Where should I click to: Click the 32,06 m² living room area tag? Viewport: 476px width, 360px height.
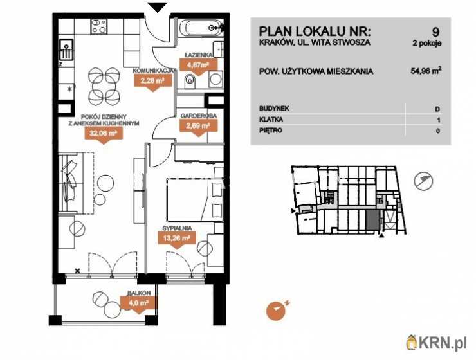104,134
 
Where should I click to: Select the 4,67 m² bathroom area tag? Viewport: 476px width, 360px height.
199,65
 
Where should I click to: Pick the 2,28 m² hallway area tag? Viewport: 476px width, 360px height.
152,81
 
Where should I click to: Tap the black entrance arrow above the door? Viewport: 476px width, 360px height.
158,8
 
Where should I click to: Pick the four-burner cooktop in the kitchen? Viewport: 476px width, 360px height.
99,26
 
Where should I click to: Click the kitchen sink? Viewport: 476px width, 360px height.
66,50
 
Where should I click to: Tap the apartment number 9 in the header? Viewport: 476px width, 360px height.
435,32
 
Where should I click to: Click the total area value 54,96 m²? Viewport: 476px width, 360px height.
426,71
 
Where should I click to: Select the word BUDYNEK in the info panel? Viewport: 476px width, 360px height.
274,109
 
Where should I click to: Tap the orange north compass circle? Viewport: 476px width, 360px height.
276,311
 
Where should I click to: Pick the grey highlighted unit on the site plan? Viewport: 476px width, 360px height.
372,221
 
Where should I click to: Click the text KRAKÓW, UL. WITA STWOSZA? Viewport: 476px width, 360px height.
315,42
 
